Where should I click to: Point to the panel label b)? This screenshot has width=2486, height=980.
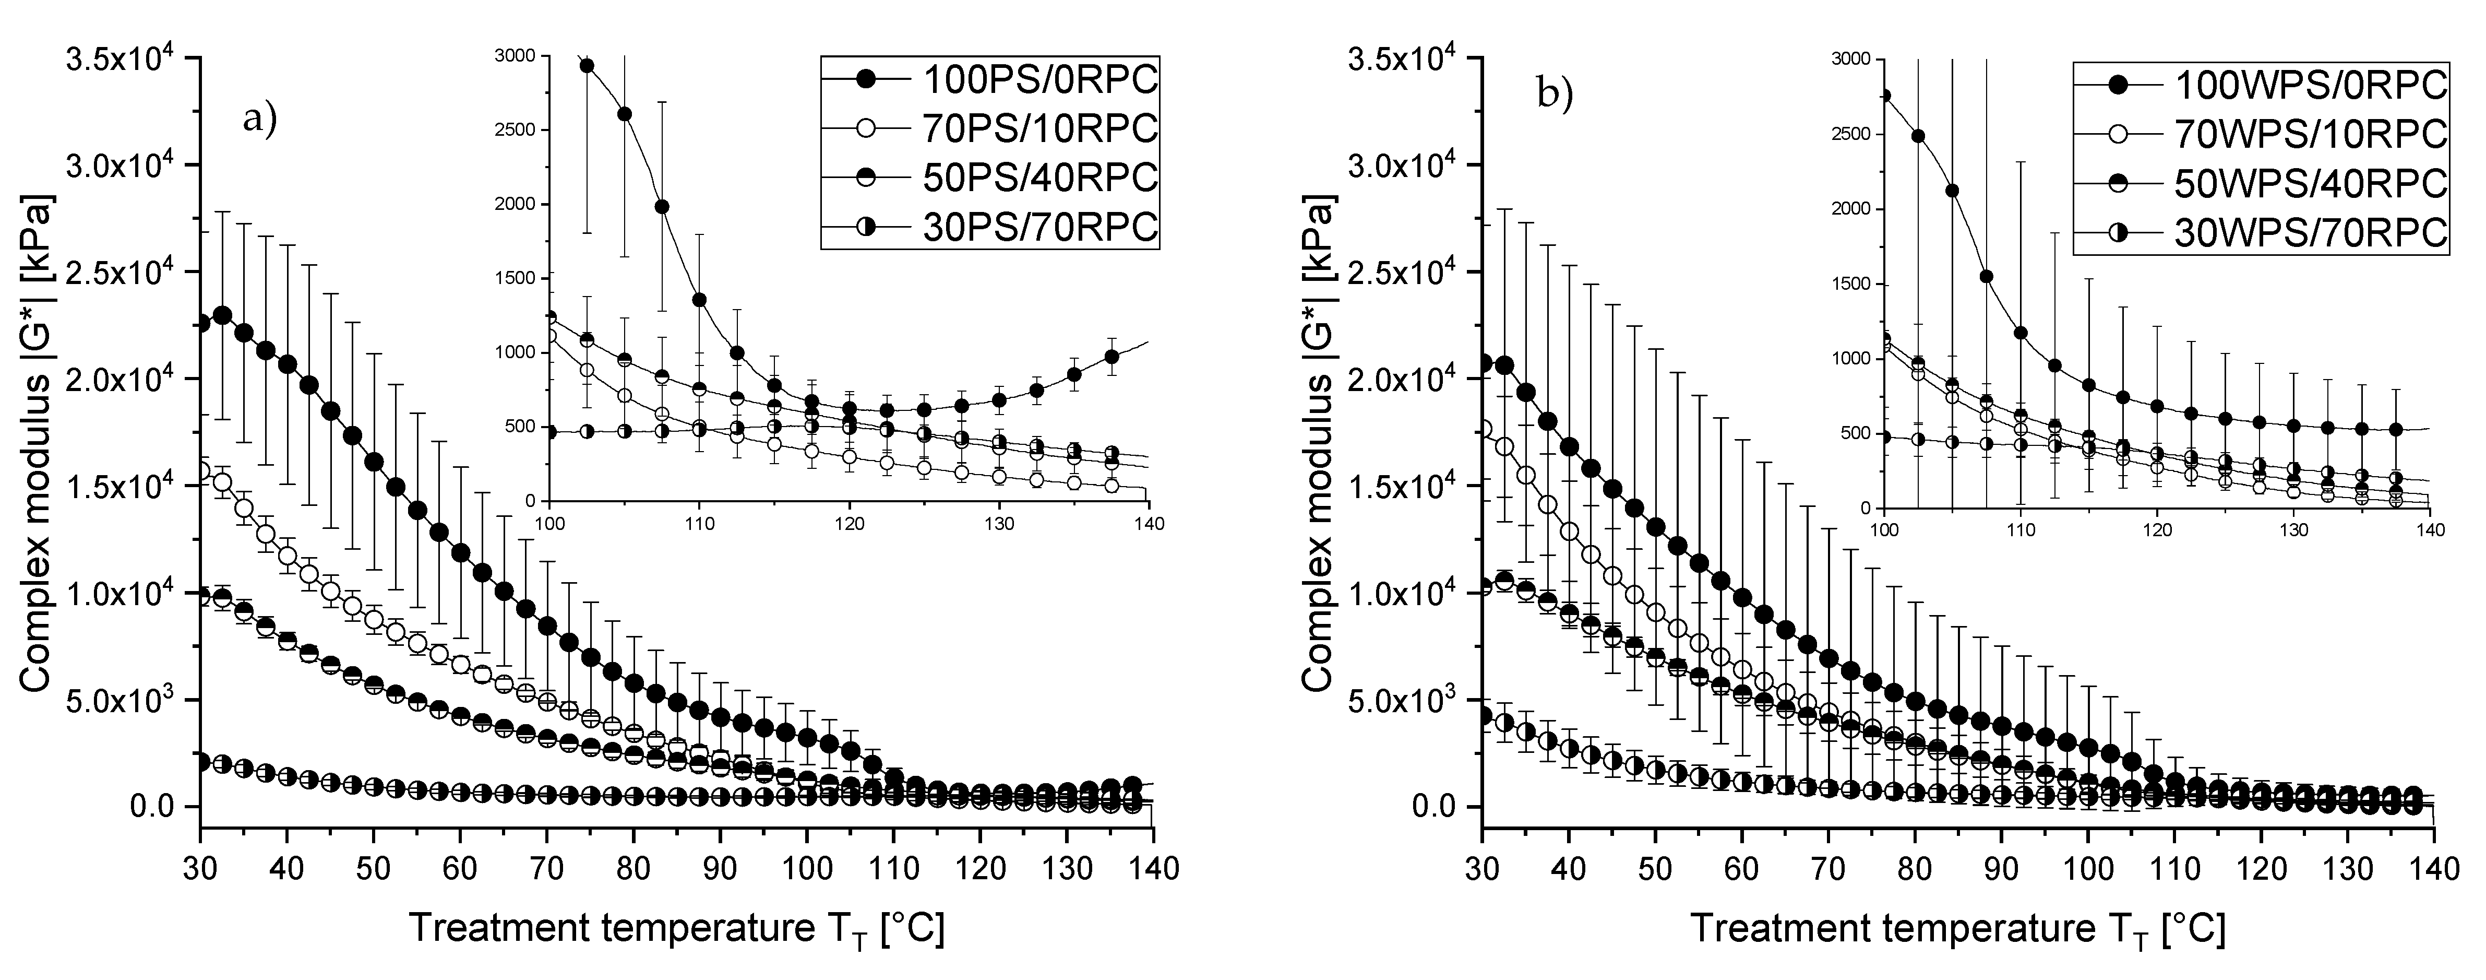(1555, 96)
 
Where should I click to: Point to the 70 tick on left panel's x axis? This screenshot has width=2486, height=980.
(546, 867)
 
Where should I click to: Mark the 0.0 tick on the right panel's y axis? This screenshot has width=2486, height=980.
(1438, 806)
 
